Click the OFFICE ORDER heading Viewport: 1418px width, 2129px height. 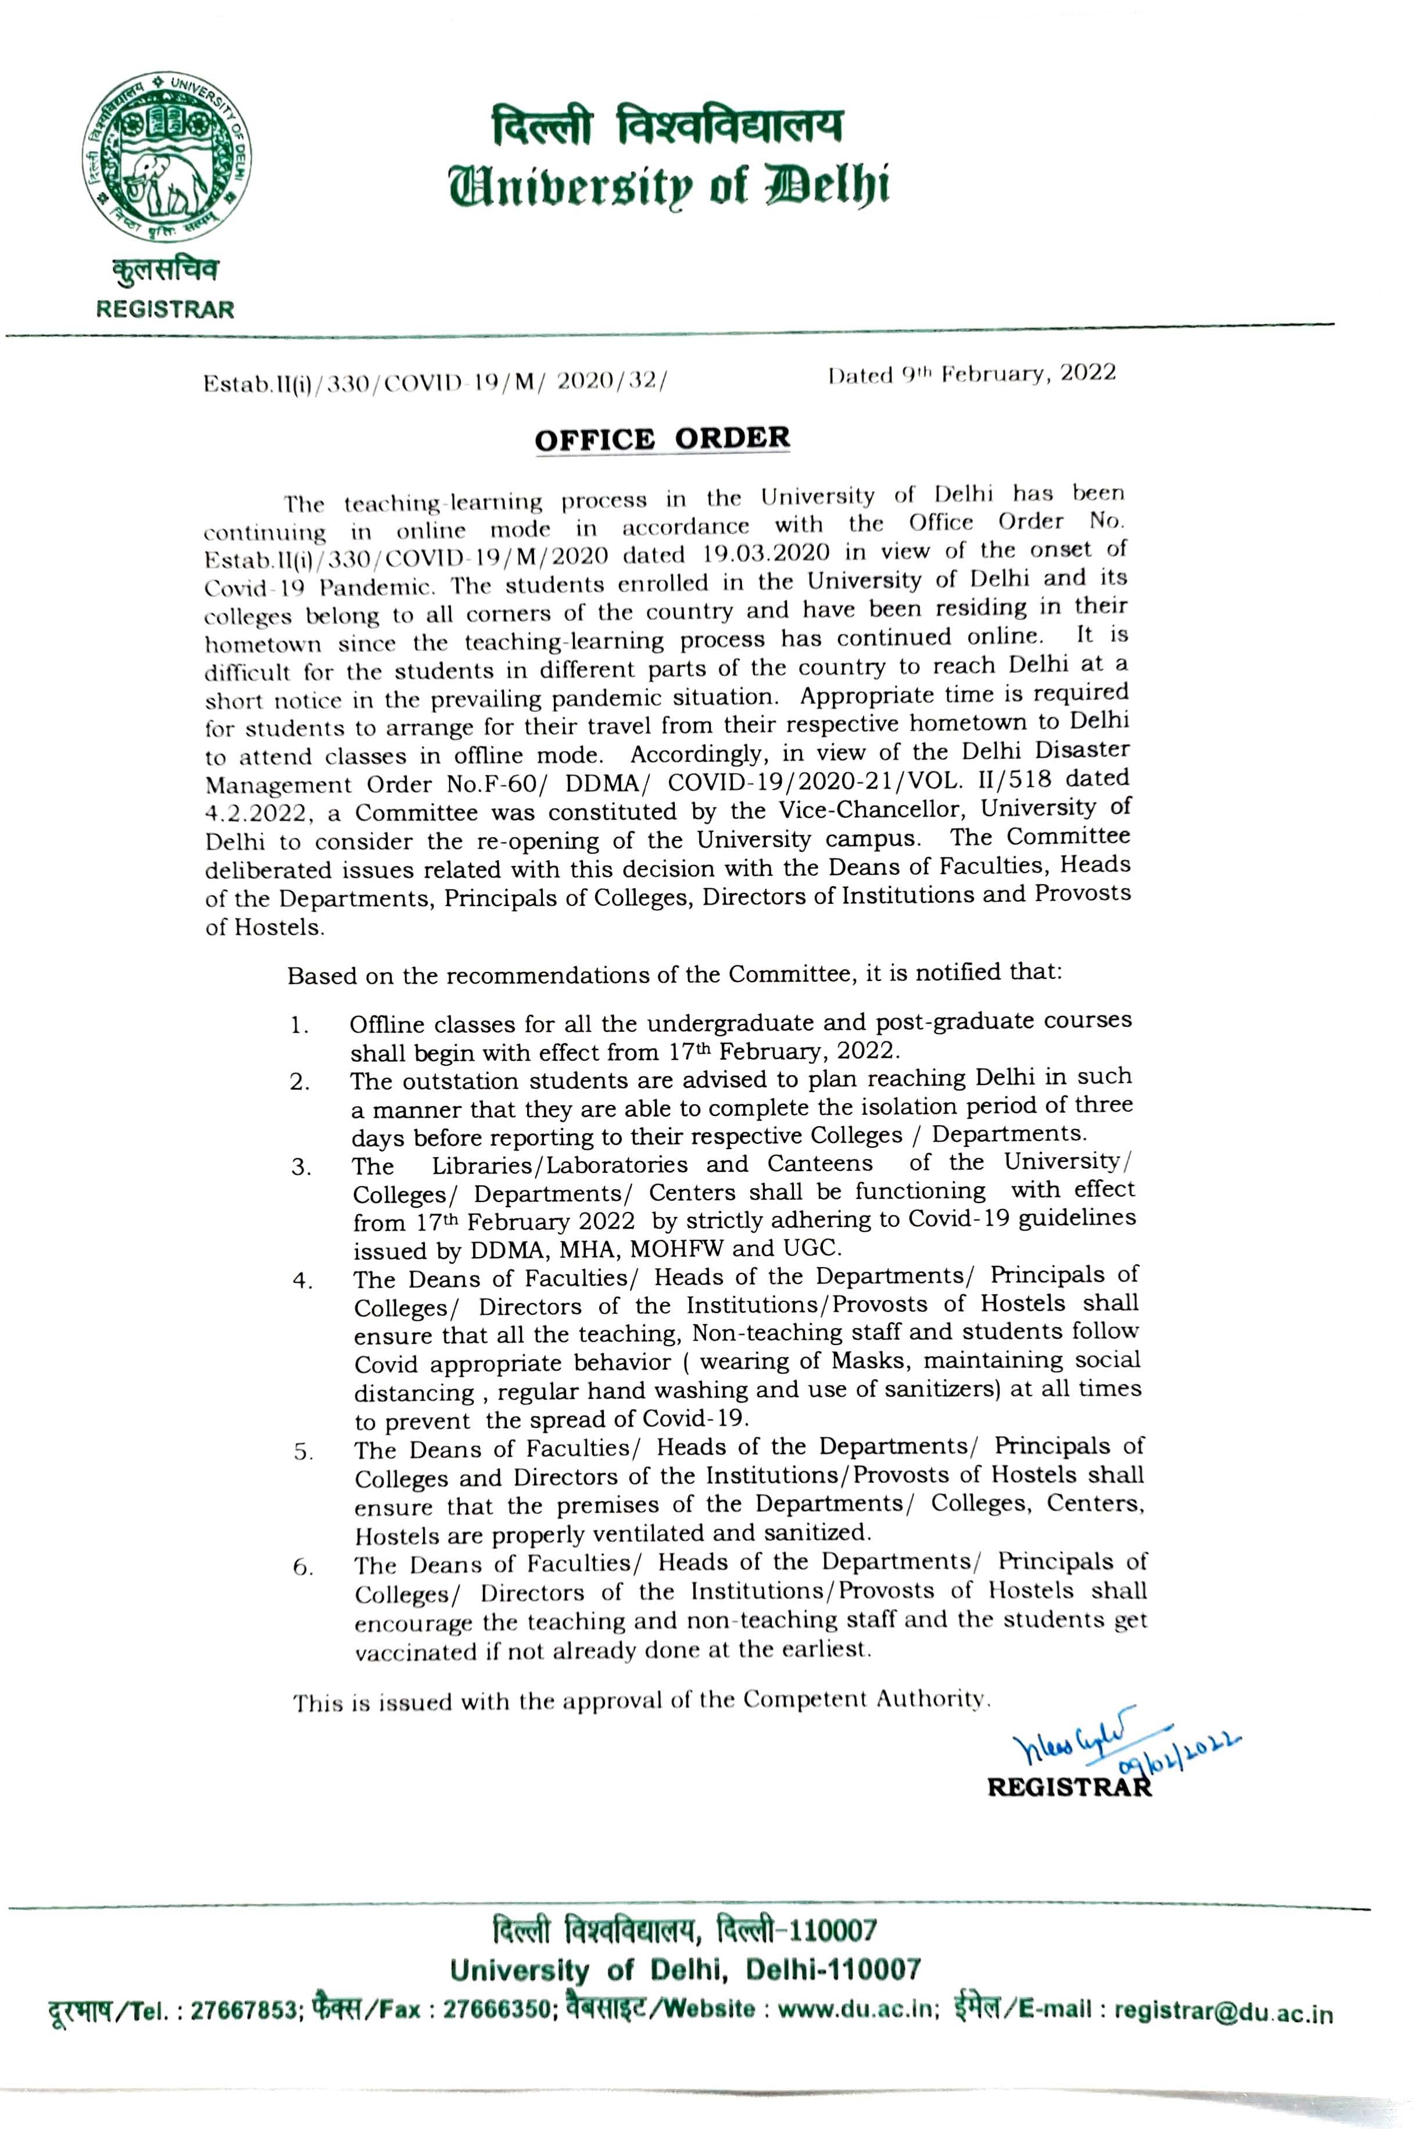tap(662, 439)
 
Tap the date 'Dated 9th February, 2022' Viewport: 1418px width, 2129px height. tap(971, 374)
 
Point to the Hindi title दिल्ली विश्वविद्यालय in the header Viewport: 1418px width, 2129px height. tap(667, 125)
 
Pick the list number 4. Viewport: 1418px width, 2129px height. tap(302, 1282)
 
